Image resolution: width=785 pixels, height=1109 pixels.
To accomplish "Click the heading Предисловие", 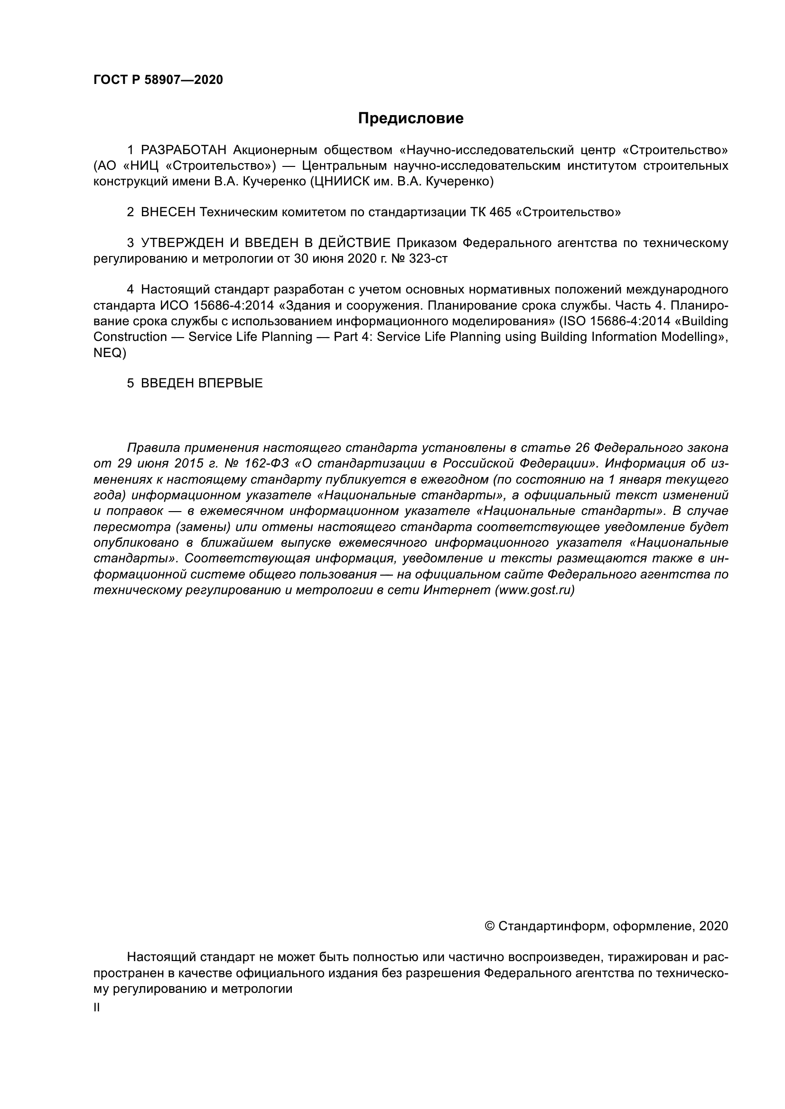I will pos(411,118).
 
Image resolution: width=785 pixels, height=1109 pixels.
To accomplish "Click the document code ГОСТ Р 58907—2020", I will pos(158,80).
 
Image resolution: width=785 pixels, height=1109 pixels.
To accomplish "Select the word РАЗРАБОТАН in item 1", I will pos(184,150).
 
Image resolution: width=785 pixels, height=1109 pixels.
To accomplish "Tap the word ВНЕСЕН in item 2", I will pos(168,212).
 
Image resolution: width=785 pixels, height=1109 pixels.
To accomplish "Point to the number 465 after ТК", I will pos(500,212).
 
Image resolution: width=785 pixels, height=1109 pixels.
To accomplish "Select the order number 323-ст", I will pos(428,258).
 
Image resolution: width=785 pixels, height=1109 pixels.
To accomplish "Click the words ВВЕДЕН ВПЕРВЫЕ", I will pos(202,384).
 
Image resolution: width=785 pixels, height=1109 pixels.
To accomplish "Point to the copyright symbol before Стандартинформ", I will pos(489,926).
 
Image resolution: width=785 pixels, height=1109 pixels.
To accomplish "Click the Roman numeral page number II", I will pos(97,1008).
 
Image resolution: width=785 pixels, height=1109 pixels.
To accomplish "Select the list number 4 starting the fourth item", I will pos(130,290).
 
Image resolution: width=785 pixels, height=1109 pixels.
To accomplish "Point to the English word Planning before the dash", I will pos(286,337).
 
